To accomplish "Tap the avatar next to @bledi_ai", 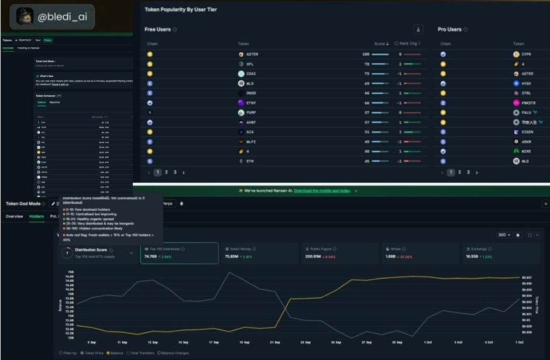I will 25,16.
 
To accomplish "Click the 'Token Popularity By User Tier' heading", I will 181,10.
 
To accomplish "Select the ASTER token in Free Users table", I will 252,54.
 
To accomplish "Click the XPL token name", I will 250,64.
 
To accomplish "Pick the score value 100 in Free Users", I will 366,54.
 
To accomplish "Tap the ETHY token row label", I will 251,102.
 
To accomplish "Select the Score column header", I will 380,44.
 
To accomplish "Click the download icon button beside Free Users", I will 418,29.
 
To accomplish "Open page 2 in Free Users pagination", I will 166,173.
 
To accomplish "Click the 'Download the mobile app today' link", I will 321,191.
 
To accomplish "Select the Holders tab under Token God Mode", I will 36,217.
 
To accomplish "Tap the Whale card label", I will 397,249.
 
